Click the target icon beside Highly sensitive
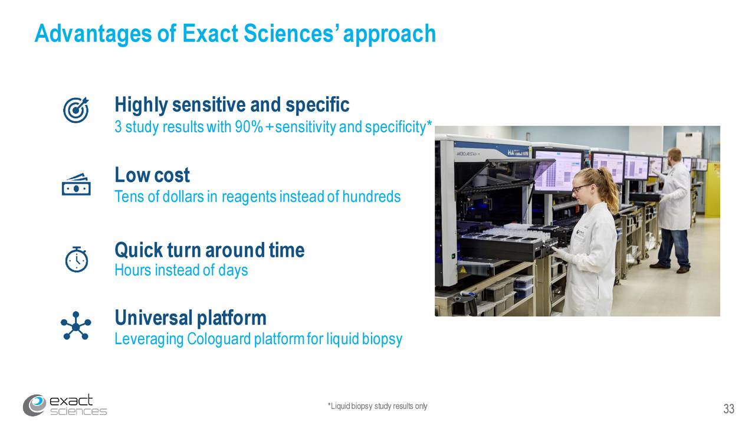click(x=76, y=110)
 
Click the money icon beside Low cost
click(x=76, y=184)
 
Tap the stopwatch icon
click(x=76, y=259)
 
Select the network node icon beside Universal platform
click(x=76, y=326)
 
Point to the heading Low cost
click(x=152, y=175)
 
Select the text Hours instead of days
click(x=181, y=270)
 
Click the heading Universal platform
click(x=191, y=318)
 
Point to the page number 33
click(x=728, y=409)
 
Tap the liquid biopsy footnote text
click(x=377, y=406)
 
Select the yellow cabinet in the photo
click(x=713, y=189)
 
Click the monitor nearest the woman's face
click(x=557, y=171)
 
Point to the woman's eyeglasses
click(x=579, y=188)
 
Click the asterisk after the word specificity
click(x=429, y=125)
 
